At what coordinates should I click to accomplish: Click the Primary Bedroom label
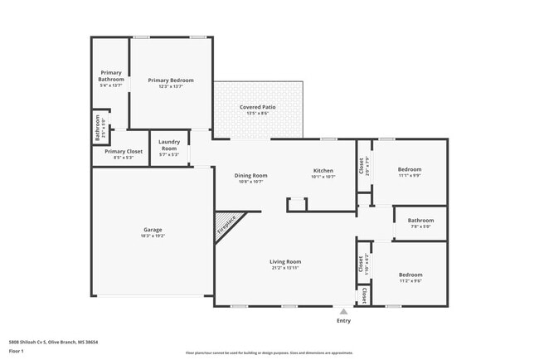coord(171,80)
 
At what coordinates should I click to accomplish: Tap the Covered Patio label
coord(258,108)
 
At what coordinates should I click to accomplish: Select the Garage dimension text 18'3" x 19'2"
coord(152,236)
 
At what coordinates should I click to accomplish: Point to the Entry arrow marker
coord(343,311)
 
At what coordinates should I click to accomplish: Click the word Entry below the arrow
coord(343,321)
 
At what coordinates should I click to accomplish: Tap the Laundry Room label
coord(169,144)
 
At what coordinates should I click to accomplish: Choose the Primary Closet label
coord(119,152)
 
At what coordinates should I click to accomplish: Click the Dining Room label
coord(250,175)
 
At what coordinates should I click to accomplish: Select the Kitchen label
coord(323,170)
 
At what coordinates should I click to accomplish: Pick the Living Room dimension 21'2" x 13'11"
coord(284,269)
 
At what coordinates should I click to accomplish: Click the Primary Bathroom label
coord(111,75)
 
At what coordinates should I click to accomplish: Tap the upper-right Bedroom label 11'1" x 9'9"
coord(410,169)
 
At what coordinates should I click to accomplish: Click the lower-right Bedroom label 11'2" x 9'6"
coord(410,275)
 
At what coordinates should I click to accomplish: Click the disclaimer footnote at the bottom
coord(269,352)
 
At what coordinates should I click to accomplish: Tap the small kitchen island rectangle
coord(296,204)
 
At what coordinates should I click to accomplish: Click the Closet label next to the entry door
coord(363,294)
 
